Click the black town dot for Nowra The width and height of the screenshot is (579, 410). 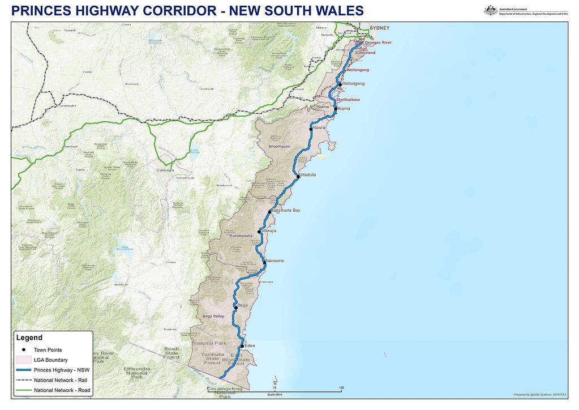311,129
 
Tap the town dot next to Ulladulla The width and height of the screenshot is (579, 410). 298,177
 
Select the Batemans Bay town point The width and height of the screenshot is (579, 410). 270,212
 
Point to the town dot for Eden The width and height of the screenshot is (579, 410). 242,346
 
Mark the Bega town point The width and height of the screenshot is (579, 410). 236,308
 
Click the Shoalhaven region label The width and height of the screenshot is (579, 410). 278,146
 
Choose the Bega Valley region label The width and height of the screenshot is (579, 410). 213,316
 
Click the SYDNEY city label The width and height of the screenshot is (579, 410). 380,28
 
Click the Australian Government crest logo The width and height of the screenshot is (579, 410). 491,10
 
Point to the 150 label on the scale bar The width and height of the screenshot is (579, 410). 341,388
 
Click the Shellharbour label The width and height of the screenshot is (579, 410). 348,100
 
